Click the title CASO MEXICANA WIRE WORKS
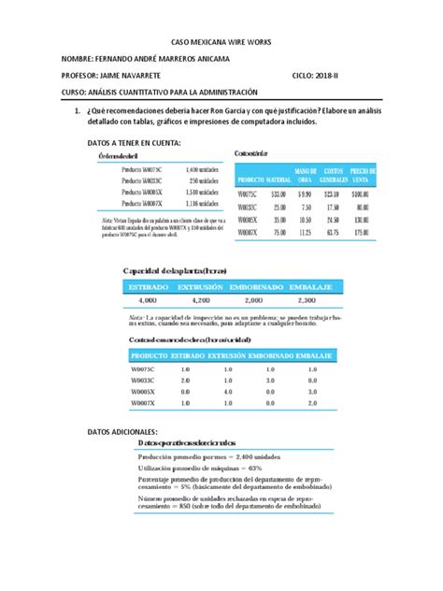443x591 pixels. (x=221, y=43)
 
